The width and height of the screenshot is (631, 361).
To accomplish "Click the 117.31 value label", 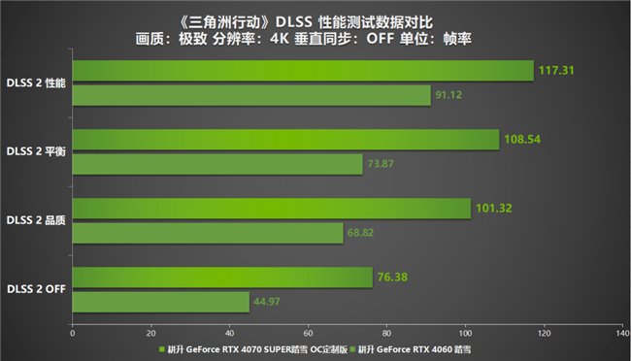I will [556, 70].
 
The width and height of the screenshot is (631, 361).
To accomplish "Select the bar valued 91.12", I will [251, 95].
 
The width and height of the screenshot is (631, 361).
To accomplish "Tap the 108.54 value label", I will [522, 139].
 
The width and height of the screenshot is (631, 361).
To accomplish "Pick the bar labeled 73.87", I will [217, 164].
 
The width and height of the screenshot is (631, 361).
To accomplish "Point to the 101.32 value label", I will [494, 207].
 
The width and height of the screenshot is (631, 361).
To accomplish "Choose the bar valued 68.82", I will [208, 233].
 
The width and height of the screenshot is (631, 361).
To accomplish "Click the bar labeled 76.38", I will [222, 278].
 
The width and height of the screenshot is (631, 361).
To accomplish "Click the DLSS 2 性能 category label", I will [35, 82].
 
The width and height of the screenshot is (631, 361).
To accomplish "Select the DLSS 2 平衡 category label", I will [35, 151].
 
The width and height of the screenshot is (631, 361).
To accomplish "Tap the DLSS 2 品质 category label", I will [35, 220].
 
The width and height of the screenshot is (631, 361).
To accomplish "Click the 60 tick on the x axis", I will [308, 332].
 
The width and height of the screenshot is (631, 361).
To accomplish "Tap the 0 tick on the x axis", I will [73, 332].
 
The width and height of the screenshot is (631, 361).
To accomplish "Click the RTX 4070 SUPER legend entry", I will [249, 347].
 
